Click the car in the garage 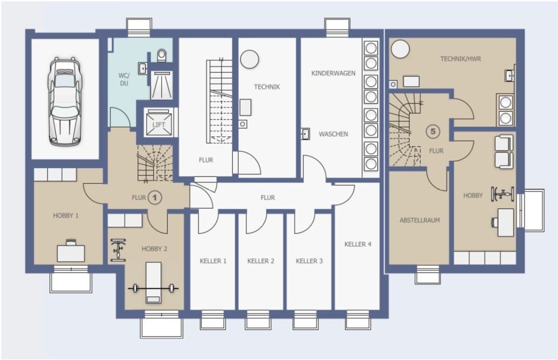64,101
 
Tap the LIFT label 159,124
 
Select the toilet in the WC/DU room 162,55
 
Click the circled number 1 155,197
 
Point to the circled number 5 433,131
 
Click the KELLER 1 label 213,261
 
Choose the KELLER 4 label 358,244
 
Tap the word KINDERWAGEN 333,73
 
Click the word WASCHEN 333,134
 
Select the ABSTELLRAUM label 419,220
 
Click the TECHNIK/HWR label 460,58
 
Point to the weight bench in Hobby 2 153,283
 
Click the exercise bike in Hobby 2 118,250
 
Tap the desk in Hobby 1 71,251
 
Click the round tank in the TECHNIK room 249,59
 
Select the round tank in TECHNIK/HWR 400,48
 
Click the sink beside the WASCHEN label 305,133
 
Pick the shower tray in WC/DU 162,85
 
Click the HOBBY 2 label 155,249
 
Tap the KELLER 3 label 309,261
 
